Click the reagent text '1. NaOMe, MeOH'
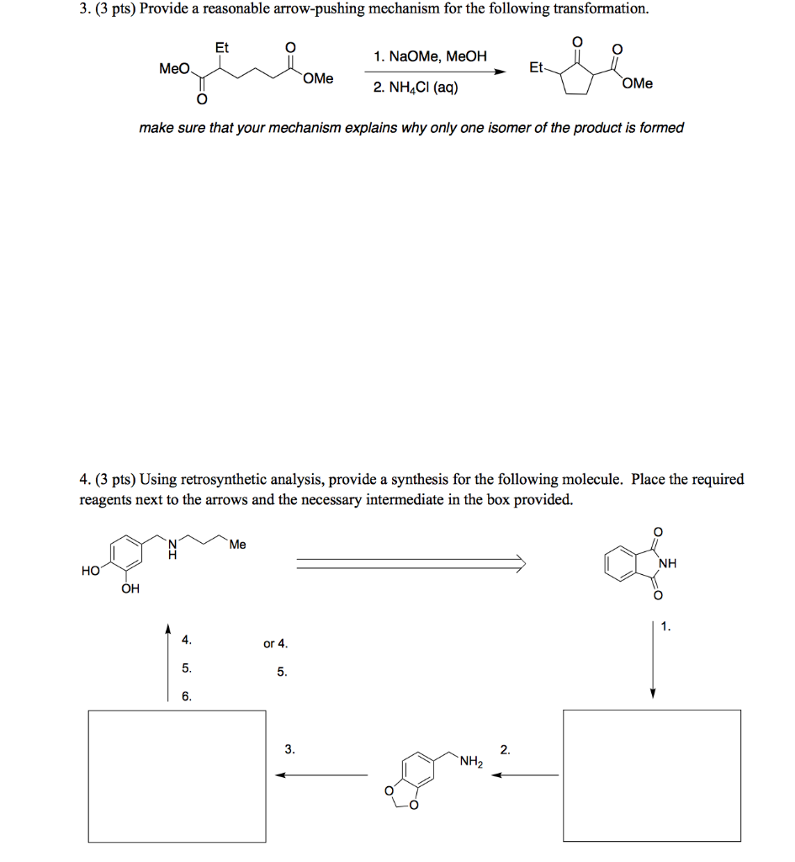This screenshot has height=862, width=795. click(430, 57)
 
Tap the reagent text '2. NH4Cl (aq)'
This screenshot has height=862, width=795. click(416, 87)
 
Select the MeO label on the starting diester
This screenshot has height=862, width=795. click(175, 68)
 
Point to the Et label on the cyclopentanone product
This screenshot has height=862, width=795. click(536, 67)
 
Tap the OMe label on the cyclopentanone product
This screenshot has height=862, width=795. click(638, 83)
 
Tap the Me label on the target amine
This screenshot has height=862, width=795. click(237, 545)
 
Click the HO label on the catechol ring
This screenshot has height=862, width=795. click(91, 571)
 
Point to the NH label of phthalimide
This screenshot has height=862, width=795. click(668, 563)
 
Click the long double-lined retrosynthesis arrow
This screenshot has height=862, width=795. click(411, 562)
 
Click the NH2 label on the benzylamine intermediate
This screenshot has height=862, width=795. click(470, 763)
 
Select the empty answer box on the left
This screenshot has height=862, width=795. click(177, 775)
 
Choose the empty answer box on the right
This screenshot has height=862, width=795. click(652, 775)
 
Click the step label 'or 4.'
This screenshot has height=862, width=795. click(275, 644)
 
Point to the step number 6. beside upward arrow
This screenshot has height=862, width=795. click(187, 696)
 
